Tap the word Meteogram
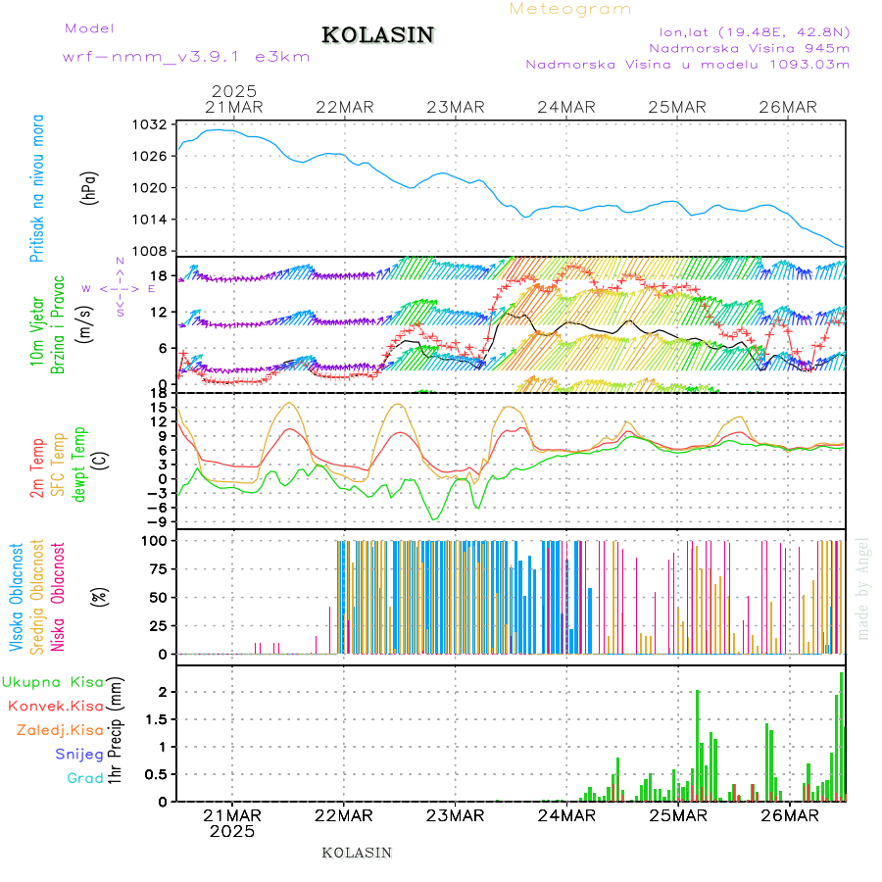pos(571,9)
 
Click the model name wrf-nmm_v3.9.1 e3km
pos(186,57)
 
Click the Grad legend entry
pos(85,778)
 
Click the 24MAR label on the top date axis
pos(566,107)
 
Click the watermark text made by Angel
pos(863,588)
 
